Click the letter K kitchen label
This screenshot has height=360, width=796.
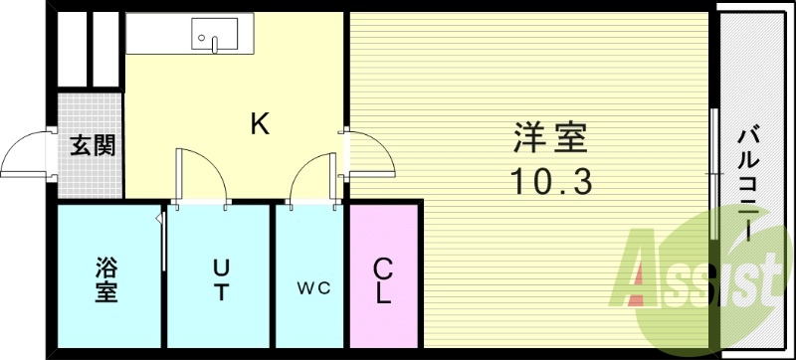click(x=260, y=124)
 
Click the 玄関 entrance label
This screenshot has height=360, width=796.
click(x=91, y=145)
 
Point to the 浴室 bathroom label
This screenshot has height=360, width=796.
click(x=106, y=279)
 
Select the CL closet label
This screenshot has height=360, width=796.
click(x=383, y=280)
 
